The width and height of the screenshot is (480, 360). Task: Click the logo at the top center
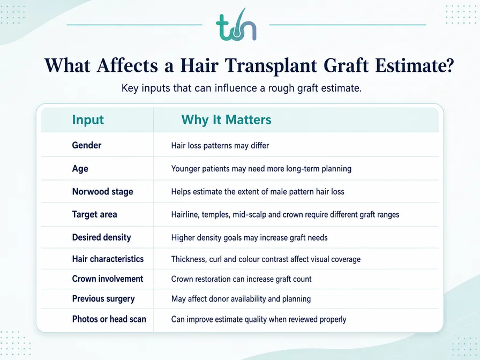point(236,25)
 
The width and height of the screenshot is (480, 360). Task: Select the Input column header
point(88,119)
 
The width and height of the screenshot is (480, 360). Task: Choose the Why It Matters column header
point(226,119)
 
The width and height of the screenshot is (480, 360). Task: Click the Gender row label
point(87,145)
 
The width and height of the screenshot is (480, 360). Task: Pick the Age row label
point(80,169)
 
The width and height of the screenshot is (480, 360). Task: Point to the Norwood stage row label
point(102,192)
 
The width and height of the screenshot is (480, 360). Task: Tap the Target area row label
point(95,214)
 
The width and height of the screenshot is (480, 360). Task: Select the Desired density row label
point(102,237)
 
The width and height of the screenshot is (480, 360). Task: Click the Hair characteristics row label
point(108,259)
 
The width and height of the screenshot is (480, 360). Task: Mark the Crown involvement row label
point(108,279)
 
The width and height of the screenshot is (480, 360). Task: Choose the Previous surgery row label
point(103,299)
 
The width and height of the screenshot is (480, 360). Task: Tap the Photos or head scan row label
point(109,319)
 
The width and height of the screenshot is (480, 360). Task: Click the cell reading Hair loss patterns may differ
point(220,145)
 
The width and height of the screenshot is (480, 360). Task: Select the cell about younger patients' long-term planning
point(261,169)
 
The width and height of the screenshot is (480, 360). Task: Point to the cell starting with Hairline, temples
point(285,215)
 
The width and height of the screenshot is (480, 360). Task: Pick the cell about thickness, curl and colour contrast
point(266,259)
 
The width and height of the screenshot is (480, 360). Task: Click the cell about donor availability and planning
point(241,299)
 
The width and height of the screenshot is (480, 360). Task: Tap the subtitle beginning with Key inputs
point(242,88)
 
